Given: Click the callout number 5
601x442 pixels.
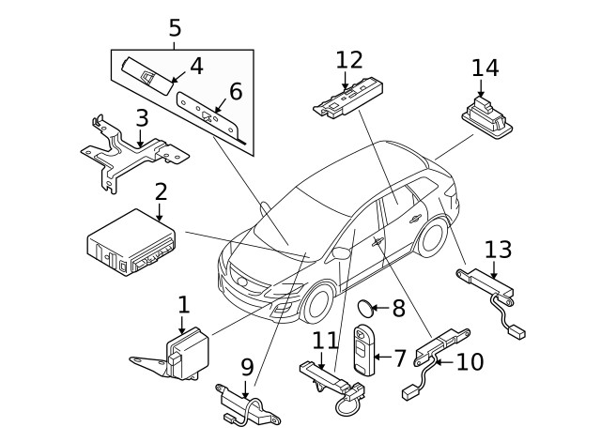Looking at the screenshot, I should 175,28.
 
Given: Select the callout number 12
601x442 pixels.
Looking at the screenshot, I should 348,60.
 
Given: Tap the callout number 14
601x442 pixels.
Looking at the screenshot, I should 485,68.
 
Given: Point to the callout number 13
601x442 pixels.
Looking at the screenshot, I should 499,250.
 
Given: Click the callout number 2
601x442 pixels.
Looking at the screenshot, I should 161,192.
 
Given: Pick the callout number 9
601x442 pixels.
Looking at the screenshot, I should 247,366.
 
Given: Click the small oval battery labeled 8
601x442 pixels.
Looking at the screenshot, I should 368,307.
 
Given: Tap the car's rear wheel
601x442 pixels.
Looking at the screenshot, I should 432,236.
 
